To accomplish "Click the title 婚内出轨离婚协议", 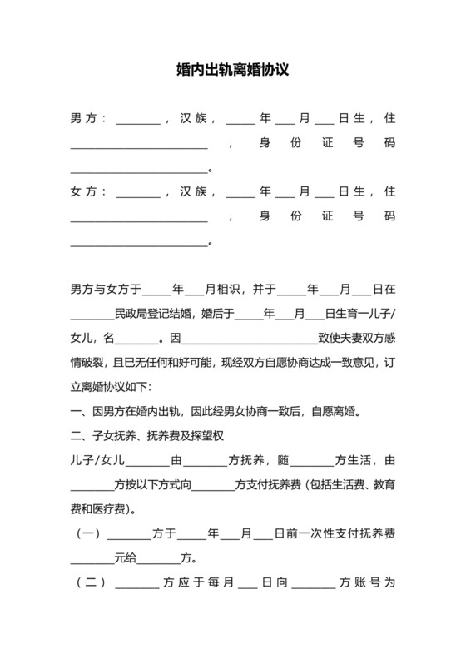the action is pyautogui.click(x=233, y=72).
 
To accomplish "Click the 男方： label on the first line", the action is pyautogui.click(x=87, y=120).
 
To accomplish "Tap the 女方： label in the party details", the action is pyautogui.click(x=87, y=192).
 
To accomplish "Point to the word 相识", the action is pyautogui.click(x=229, y=290).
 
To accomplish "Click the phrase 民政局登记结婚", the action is pyautogui.click(x=153, y=315).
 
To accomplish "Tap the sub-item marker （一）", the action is pyautogui.click(x=89, y=533).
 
